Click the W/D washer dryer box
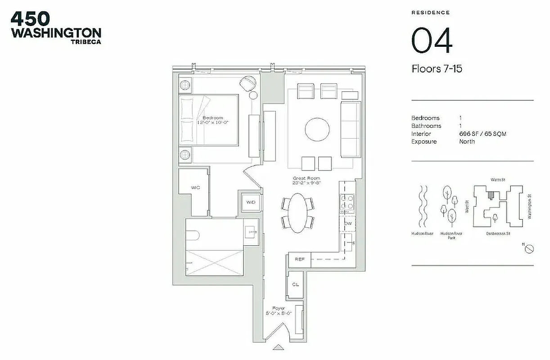click(251, 202)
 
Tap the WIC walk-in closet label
click(195, 187)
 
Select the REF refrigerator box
click(299, 259)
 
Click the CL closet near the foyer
click(295, 284)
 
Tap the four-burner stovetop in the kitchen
click(347, 204)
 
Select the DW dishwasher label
click(348, 223)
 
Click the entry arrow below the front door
click(279, 347)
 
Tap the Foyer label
click(279, 308)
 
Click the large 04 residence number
click(432, 40)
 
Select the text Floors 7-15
click(437, 69)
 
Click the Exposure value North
click(467, 141)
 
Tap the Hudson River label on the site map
click(422, 234)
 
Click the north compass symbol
click(529, 248)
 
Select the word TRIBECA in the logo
click(86, 42)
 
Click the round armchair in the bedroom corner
click(248, 84)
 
